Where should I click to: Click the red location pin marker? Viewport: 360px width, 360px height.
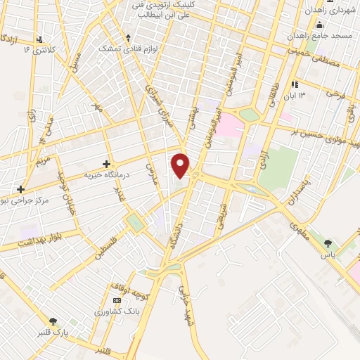(x=181, y=165)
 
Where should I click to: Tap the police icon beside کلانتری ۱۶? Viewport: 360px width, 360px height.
(x=40, y=39)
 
